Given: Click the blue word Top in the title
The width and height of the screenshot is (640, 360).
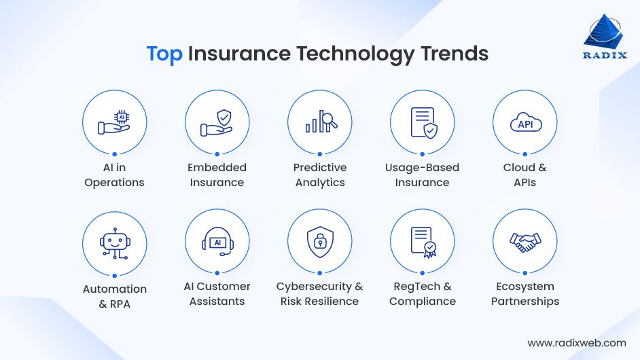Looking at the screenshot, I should click(164, 54).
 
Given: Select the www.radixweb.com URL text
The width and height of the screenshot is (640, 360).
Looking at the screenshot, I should click(576, 343).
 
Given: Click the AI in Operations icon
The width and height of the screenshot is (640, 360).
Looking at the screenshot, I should click(115, 123).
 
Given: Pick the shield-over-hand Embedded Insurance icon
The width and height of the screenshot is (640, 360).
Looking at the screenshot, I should click(217, 123).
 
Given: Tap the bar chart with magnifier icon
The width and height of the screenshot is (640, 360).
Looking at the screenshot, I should click(320, 123).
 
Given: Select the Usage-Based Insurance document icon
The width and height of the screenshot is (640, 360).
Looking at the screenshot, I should click(423, 123).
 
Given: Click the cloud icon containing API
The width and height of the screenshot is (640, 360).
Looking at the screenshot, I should click(525, 123).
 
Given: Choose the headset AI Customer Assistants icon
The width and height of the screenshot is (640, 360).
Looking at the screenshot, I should click(217, 242).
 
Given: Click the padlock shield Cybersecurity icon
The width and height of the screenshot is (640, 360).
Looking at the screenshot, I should click(320, 242).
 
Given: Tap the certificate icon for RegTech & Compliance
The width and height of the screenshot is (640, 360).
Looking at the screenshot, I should click(423, 242).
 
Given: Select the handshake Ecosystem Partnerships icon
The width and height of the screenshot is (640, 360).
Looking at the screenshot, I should click(525, 242).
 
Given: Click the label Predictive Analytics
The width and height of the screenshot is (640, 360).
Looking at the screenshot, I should click(320, 175).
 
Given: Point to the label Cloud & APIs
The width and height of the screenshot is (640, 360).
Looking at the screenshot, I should click(525, 175).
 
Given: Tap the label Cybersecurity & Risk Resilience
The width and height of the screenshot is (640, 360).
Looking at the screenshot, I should click(319, 293).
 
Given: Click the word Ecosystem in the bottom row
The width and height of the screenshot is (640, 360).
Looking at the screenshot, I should click(525, 286).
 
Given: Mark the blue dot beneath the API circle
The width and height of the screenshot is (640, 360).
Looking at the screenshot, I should click(525, 154).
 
